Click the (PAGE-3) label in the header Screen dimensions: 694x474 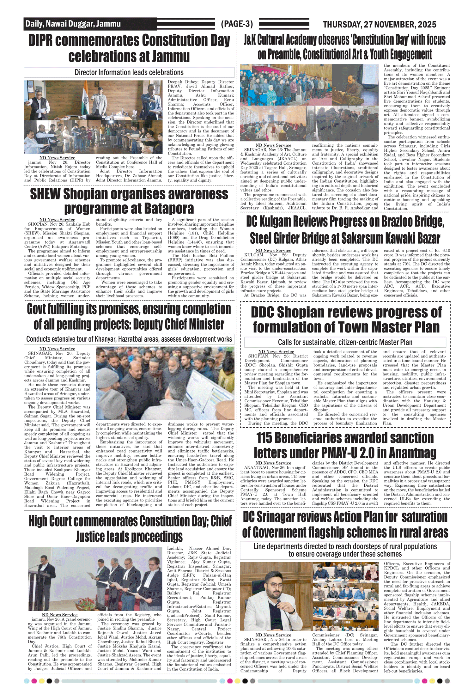tap(237, 24)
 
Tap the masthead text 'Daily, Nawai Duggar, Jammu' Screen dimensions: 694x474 tap(73, 24)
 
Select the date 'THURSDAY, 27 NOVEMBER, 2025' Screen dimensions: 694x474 tap(379, 24)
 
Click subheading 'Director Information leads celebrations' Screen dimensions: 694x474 tap(129, 72)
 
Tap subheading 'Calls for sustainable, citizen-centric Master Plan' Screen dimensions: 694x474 tap(345, 342)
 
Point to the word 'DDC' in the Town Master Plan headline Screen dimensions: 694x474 tap(264, 312)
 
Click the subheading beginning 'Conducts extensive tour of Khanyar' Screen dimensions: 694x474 tap(129, 339)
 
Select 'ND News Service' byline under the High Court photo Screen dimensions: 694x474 tap(59, 615)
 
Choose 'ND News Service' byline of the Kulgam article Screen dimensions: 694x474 tap(273, 250)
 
